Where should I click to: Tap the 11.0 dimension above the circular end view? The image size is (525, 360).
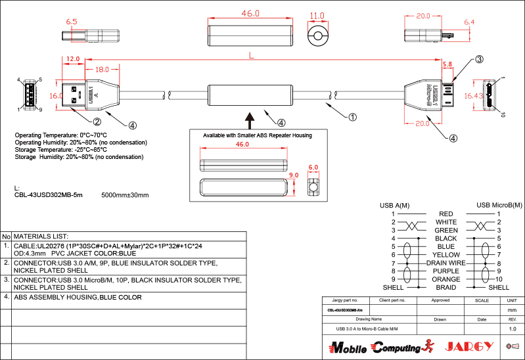tap(317, 15)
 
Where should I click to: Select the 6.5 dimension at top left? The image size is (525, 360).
tap(72, 22)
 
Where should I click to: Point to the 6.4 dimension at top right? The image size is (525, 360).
tap(468, 22)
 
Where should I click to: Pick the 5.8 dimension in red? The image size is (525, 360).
tap(447, 64)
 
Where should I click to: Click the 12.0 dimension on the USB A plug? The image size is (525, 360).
tap(73, 59)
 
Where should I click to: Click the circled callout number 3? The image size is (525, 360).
tap(480, 60)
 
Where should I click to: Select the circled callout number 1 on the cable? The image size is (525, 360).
tap(352, 118)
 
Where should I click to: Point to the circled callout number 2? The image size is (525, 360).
tap(97, 122)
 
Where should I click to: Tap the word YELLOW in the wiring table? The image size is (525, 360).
tap(446, 255)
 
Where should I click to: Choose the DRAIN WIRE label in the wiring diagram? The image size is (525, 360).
tap(446, 263)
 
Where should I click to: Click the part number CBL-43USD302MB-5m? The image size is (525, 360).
tap(49, 195)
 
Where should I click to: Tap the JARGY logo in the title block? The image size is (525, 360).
tap(469, 346)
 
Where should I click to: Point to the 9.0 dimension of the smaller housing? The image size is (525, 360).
tap(293, 175)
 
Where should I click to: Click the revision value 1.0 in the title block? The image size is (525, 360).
tap(513, 328)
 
